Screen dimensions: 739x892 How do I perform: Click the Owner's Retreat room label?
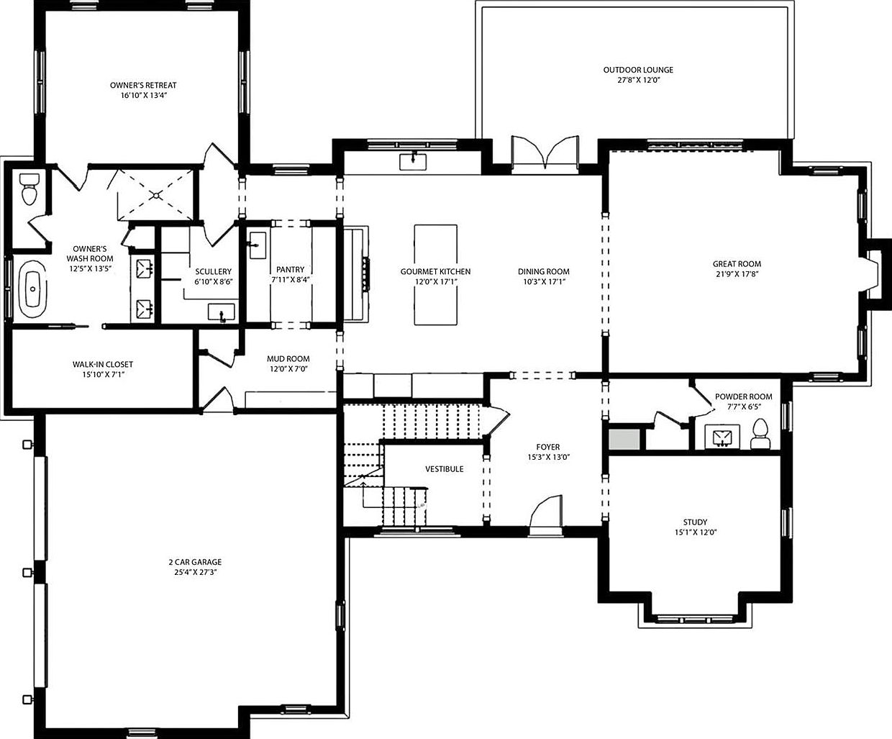(143, 85)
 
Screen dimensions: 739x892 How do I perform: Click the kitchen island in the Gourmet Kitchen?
(435, 275)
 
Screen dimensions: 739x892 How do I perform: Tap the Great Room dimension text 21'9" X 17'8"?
(737, 273)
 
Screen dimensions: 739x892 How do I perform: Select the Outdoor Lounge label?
(638, 70)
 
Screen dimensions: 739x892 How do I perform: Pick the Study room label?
(695, 522)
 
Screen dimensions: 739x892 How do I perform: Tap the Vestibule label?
(444, 469)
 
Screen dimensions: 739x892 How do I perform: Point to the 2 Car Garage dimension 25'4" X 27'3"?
(195, 571)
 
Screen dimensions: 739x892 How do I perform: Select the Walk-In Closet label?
(102, 365)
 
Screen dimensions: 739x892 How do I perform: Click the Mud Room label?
(288, 359)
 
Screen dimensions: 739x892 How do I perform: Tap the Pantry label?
(290, 270)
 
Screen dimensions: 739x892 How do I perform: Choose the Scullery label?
(213, 272)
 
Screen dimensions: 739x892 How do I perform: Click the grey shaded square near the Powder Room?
(624, 438)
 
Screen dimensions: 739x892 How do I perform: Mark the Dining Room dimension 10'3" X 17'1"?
(543, 281)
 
